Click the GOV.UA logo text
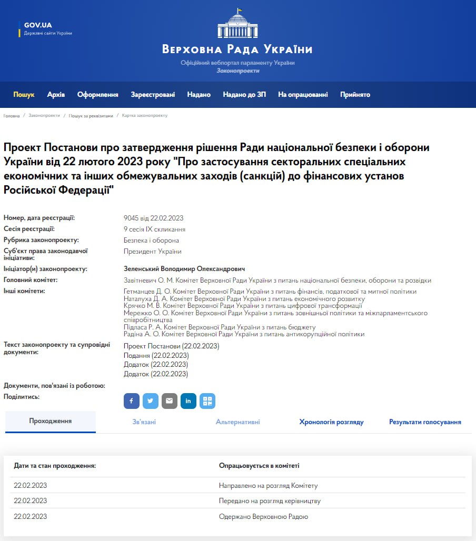tap(38, 25)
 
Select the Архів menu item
tap(56, 95)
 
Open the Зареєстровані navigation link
tap(153, 95)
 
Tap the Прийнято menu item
tap(355, 95)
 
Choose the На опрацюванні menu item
tap(303, 95)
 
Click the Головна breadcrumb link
tap(12, 115)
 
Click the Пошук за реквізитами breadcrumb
tap(91, 115)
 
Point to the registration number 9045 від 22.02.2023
tap(153, 218)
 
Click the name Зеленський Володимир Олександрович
tap(184, 269)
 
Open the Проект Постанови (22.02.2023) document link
tap(171, 346)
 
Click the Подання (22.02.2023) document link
tap(156, 355)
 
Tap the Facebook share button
tap(131, 401)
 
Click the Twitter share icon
tap(150, 401)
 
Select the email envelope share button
tap(169, 401)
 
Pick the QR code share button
tap(207, 401)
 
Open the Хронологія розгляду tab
tap(331, 422)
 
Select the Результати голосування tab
tap(425, 422)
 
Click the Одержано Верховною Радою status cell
tap(263, 516)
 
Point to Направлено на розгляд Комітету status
tap(268, 485)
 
